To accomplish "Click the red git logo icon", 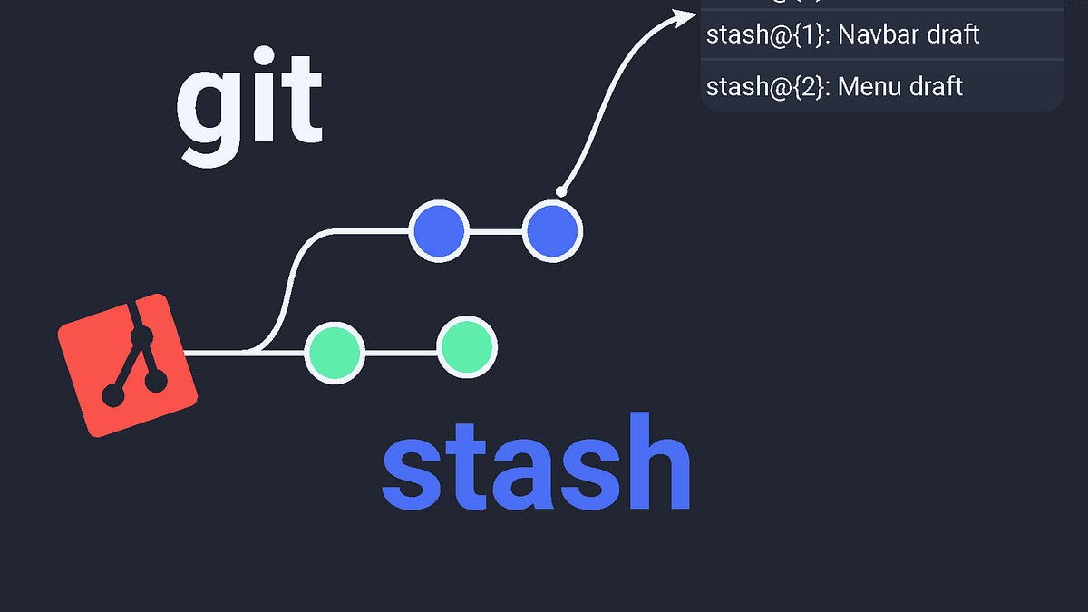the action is [128, 364].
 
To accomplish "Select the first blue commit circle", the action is [439, 232].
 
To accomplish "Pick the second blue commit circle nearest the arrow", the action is [552, 232].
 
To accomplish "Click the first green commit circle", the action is [335, 352].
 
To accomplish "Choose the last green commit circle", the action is [467, 347].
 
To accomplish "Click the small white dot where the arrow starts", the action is [561, 191].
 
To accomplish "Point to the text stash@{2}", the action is [767, 87].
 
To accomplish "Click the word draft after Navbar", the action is [950, 35].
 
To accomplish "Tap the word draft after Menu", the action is [933, 87].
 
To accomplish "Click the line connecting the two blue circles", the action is [495, 232].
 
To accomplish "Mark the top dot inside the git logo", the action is [141, 337].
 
